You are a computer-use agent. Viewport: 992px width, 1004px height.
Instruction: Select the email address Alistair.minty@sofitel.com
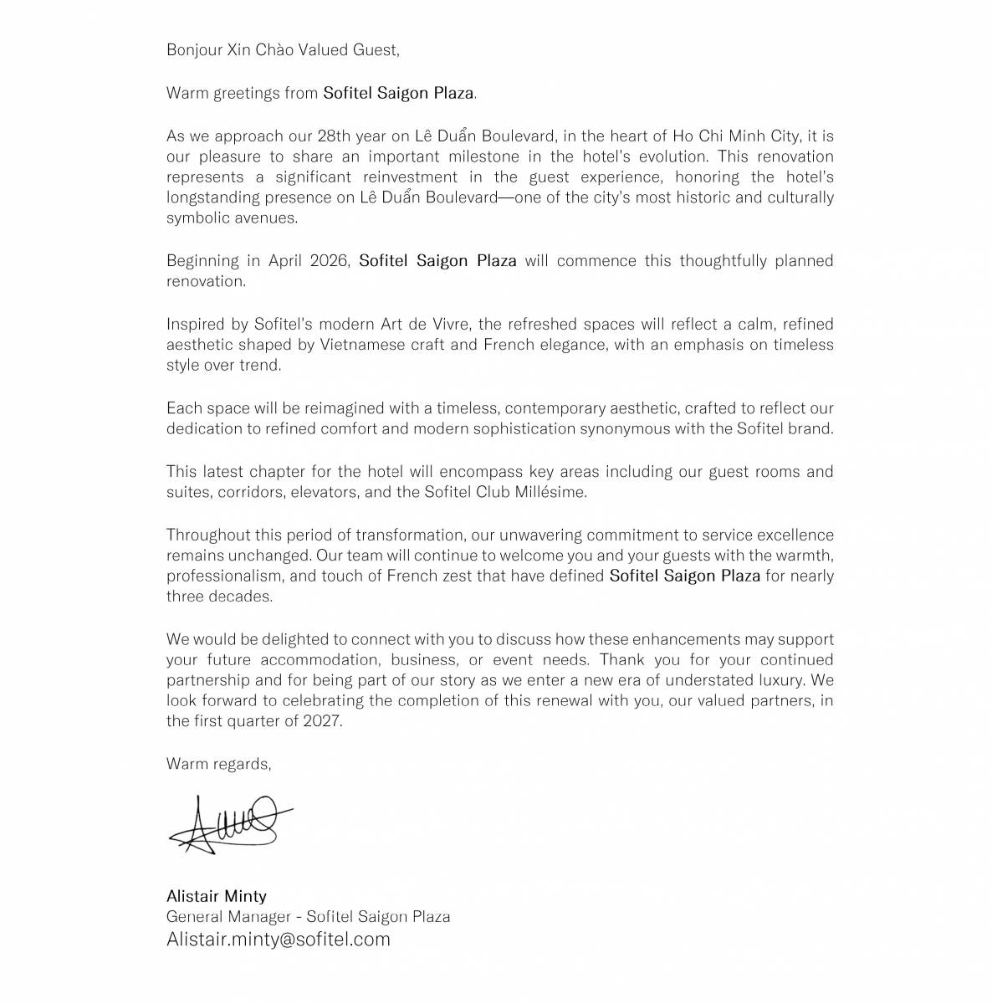[x=279, y=939]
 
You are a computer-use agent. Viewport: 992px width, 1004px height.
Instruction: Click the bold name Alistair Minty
[x=216, y=897]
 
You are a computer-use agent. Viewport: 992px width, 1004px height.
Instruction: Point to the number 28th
[x=334, y=136]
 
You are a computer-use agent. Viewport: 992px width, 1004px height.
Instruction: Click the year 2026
[x=328, y=260]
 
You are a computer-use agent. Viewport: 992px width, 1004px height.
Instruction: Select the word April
[x=285, y=260]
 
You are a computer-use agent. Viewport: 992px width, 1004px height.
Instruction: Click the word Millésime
[x=549, y=492]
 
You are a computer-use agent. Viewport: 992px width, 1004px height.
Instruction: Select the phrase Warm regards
[x=218, y=764]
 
